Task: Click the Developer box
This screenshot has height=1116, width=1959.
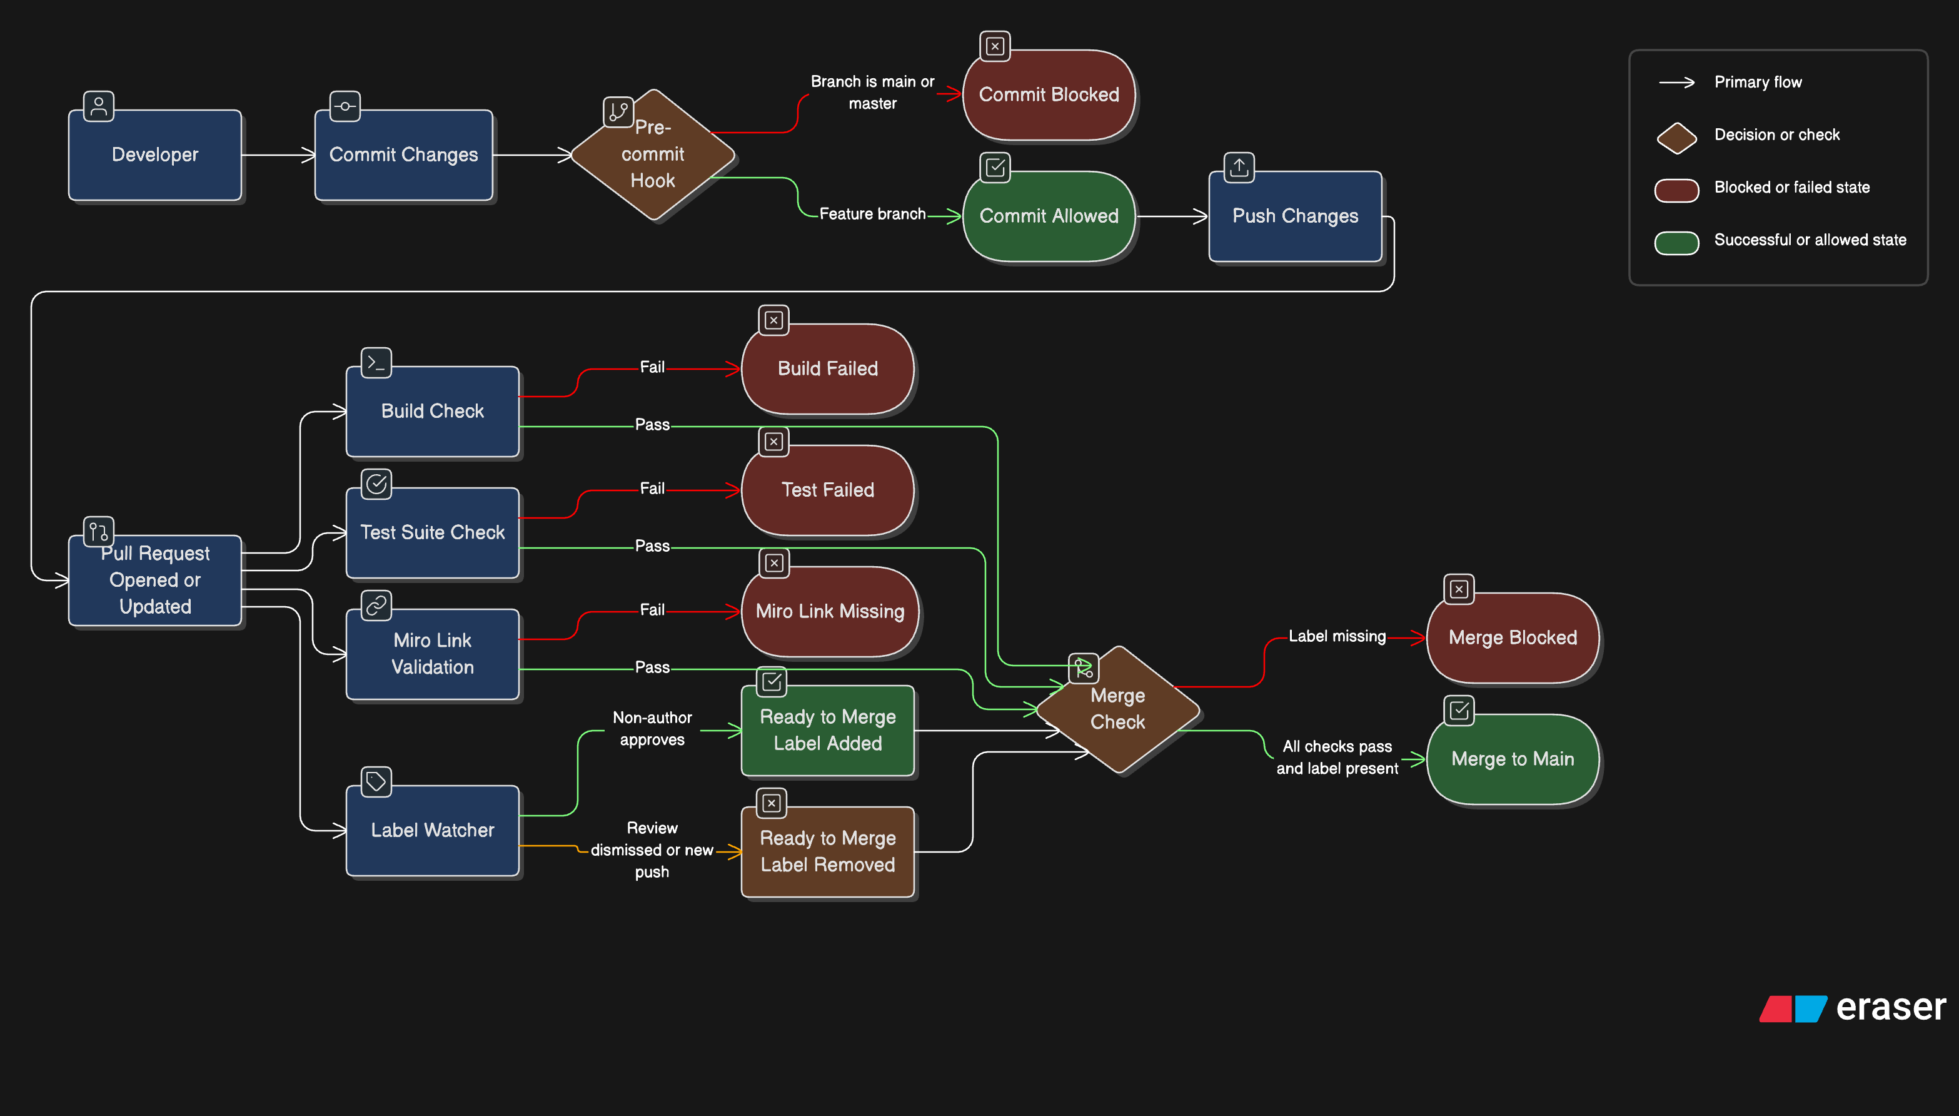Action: point(155,155)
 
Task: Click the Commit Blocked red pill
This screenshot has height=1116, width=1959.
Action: point(1048,95)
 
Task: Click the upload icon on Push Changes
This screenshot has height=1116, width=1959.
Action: point(1239,167)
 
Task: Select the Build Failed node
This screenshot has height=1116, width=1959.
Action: point(827,368)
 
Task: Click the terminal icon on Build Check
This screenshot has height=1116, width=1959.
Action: point(376,363)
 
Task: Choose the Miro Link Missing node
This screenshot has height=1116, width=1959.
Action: point(829,612)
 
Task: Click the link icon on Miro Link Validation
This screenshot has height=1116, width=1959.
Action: point(376,606)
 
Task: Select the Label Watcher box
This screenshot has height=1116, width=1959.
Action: point(432,830)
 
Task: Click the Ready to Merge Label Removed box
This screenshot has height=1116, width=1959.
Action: point(827,851)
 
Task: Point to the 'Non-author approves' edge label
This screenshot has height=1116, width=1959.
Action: point(652,728)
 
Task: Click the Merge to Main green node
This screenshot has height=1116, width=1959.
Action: point(1513,759)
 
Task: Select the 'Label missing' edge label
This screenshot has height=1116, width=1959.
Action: point(1337,636)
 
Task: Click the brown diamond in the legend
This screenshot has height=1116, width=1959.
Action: point(1676,138)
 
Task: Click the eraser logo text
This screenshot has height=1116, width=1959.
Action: point(1890,1007)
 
